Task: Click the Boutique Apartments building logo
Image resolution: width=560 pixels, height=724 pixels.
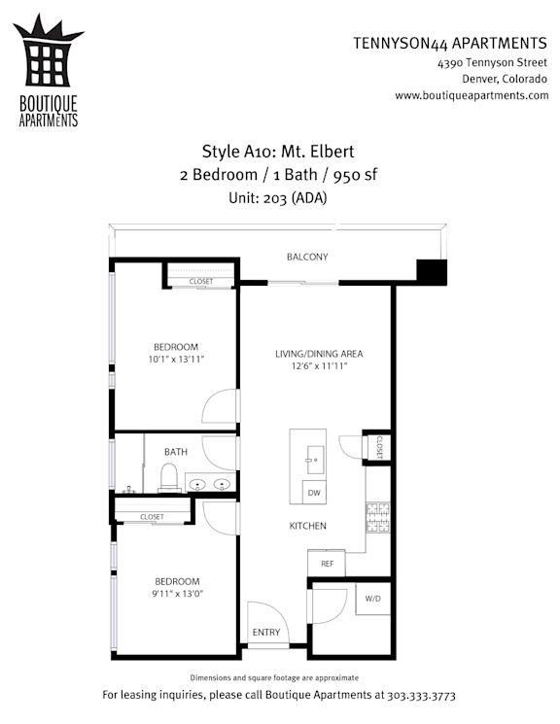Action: (48, 51)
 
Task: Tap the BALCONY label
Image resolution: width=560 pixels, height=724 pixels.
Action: (307, 257)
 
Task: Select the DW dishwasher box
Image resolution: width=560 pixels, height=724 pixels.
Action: (314, 492)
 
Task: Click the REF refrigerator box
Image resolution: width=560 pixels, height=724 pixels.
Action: (327, 564)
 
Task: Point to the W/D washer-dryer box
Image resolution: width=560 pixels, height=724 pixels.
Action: (373, 599)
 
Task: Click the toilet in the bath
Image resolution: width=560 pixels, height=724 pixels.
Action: (168, 477)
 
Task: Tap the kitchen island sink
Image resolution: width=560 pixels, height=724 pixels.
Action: (316, 460)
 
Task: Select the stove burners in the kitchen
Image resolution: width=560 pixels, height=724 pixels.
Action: (378, 517)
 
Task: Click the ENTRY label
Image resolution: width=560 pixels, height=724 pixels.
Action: (266, 632)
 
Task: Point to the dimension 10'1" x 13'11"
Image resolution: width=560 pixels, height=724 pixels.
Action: (176, 360)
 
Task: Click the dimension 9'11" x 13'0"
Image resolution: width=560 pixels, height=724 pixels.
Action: (177, 594)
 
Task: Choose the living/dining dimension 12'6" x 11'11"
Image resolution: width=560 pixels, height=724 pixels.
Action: (319, 366)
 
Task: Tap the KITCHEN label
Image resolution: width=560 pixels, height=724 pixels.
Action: (308, 526)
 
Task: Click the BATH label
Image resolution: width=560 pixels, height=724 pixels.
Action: (176, 452)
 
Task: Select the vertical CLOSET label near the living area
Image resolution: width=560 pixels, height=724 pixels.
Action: (379, 447)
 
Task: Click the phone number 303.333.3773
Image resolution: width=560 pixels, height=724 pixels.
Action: (421, 696)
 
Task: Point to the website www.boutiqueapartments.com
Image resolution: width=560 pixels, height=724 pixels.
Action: (472, 95)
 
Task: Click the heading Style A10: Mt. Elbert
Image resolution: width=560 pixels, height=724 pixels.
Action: (278, 152)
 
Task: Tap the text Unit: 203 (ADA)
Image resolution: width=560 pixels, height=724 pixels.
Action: (278, 198)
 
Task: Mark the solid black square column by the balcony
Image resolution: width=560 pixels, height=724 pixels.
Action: (432, 272)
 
